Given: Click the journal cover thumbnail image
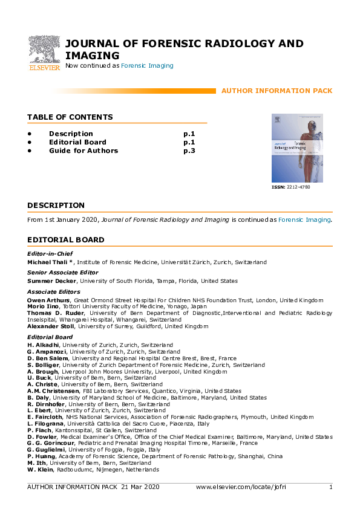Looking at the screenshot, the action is (x=297, y=148).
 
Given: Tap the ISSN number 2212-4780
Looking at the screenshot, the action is (x=297, y=188).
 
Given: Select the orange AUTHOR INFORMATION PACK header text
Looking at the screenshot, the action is (x=277, y=91).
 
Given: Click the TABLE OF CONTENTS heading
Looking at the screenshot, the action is (x=70, y=117).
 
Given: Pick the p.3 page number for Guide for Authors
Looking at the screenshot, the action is (x=189, y=151).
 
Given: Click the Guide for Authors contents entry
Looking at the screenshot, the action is (x=83, y=151).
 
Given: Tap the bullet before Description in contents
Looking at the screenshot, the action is (x=29, y=134).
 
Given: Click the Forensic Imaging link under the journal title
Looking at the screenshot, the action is (x=147, y=65).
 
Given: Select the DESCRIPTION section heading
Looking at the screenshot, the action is (x=56, y=206).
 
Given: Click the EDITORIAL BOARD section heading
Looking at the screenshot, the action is (x=66, y=240).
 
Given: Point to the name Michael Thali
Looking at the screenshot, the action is (x=50, y=262).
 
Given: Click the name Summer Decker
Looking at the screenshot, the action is (x=51, y=280).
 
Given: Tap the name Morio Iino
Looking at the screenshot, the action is (x=44, y=306).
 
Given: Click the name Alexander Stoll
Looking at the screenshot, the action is (x=51, y=326).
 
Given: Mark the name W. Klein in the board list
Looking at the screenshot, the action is (x=41, y=469).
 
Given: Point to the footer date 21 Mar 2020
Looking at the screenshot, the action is (x=140, y=487).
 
